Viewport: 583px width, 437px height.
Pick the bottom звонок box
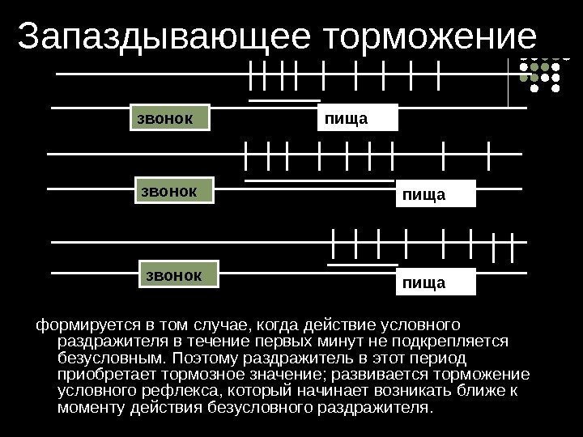[x=180, y=274]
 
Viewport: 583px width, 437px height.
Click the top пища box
[x=358, y=118]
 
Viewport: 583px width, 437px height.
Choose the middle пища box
[x=434, y=196]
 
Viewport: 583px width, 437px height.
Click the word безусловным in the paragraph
[x=109, y=359]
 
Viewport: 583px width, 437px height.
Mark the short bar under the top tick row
[x=284, y=100]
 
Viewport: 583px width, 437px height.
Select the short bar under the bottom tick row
[x=363, y=264]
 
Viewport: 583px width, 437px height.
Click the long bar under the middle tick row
[x=318, y=180]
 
